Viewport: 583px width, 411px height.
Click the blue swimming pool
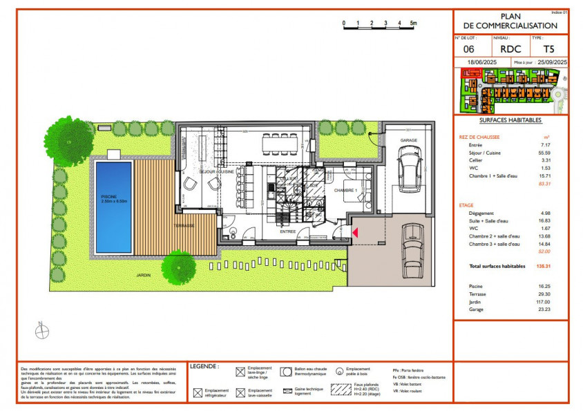(113, 206)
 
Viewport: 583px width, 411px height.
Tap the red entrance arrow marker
(355, 234)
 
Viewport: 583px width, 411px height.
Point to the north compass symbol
(42, 332)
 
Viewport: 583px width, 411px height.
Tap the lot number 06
(468, 49)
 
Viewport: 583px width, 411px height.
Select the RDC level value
(510, 49)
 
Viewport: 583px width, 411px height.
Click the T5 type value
(548, 49)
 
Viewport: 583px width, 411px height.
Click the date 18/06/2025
(481, 62)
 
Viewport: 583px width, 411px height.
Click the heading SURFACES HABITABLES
(510, 120)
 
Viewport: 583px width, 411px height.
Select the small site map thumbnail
(510, 91)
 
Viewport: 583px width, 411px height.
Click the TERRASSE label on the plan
(184, 225)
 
